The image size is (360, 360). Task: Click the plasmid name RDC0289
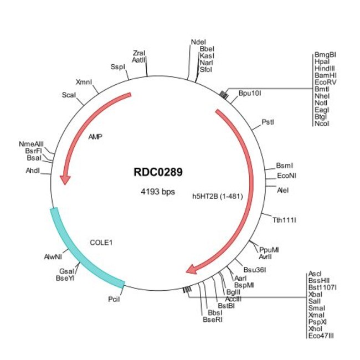point(158,172)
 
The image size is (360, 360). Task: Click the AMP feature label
point(96,135)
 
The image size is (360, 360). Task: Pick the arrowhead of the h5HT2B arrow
point(192,269)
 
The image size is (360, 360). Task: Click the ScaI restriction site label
point(69,95)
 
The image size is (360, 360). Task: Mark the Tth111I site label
point(285,220)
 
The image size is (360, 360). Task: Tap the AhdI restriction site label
point(33,170)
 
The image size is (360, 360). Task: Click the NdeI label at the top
point(197,42)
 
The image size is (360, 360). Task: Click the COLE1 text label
point(101,242)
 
